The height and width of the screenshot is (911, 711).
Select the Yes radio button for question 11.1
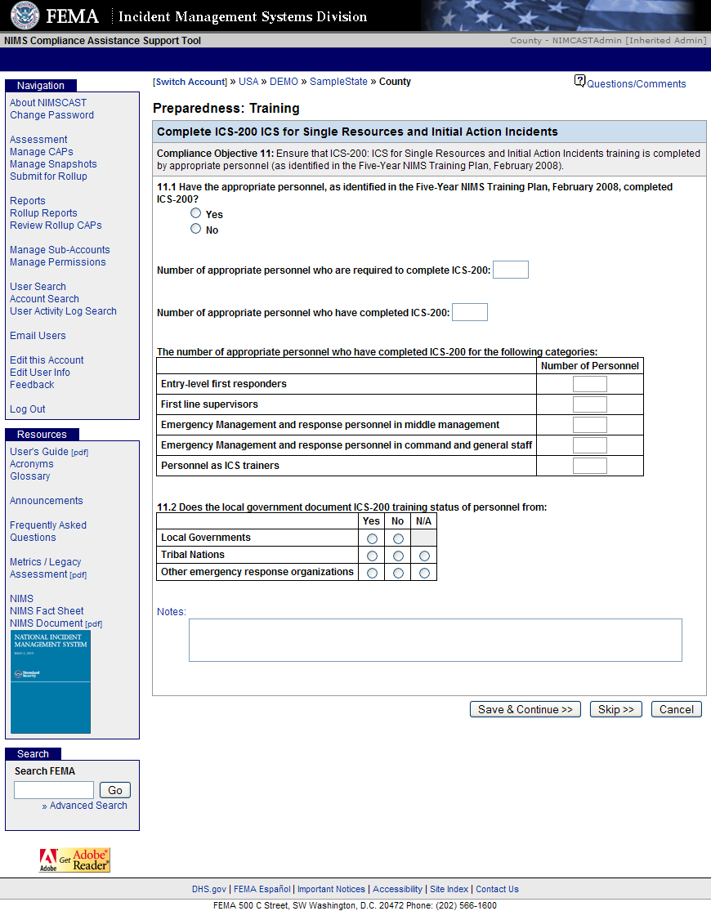tap(195, 213)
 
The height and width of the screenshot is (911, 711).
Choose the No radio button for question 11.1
tap(195, 229)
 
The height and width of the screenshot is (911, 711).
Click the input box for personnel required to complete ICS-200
tap(511, 270)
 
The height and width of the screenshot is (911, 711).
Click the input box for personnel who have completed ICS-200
tap(470, 312)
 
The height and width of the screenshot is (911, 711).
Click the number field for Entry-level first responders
tap(590, 384)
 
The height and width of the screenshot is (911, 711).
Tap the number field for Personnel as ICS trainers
tap(590, 466)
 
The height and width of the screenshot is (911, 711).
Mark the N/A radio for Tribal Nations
tap(424, 556)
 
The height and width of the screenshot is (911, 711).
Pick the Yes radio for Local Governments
tap(373, 538)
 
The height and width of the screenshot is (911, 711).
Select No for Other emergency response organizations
tap(398, 573)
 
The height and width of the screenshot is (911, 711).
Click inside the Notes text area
tap(435, 640)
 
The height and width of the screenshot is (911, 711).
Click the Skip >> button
tap(616, 709)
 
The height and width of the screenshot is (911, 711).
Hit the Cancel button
tap(677, 709)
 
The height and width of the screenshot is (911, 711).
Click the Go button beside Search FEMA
tap(115, 790)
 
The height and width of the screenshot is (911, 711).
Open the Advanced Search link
tap(88, 806)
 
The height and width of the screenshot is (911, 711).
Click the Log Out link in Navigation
tap(28, 409)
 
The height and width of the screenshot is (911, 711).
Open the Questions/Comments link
tap(636, 83)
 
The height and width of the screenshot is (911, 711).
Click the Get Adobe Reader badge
tap(75, 860)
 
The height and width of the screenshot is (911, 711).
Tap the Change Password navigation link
tap(51, 115)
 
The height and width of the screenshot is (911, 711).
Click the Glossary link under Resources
tap(30, 476)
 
